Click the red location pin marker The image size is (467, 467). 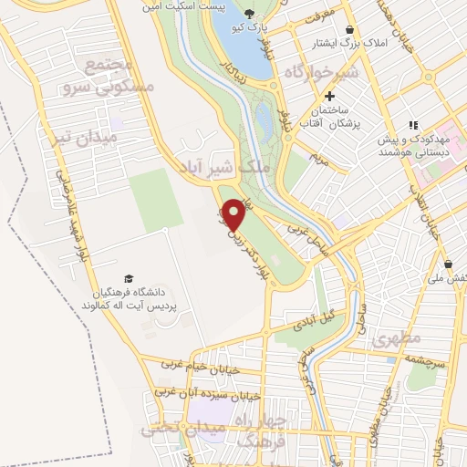pyautogui.click(x=235, y=213)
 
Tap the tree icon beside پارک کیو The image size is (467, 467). pyautogui.click(x=251, y=12)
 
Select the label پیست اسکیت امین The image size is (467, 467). pyautogui.click(x=179, y=5)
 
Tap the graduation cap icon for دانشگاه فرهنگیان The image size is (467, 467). pyautogui.click(x=130, y=276)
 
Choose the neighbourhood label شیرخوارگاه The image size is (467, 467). pyautogui.click(x=344, y=71)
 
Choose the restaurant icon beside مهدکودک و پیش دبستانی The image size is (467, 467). pyautogui.click(x=412, y=125)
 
